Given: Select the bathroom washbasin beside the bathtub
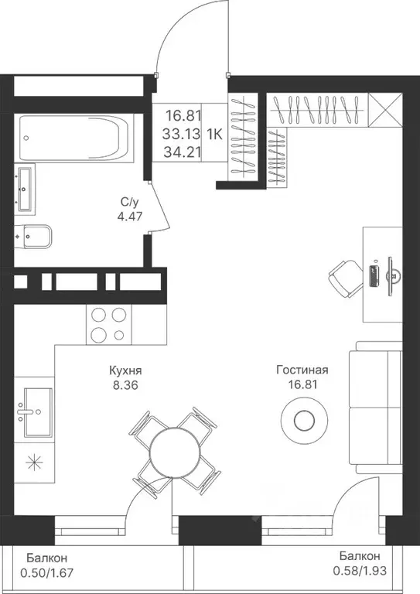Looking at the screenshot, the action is [x=25, y=189].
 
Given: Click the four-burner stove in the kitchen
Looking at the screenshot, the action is [x=109, y=324].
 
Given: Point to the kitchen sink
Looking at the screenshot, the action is [x=37, y=411].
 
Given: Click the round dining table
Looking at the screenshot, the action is [x=174, y=452].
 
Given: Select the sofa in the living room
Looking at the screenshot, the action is [x=375, y=408].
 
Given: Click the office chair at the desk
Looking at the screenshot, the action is [x=346, y=279].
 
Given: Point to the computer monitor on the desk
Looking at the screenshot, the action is [x=392, y=276].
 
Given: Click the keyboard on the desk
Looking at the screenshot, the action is [x=374, y=276].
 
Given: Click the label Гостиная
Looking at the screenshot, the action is [x=302, y=370].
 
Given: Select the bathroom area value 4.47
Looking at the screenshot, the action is [x=129, y=217].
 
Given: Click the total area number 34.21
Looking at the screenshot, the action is [x=183, y=152].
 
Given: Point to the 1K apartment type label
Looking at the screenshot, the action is [x=214, y=134].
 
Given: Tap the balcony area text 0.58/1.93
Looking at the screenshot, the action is [x=360, y=571].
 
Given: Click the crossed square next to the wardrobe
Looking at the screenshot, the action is [x=384, y=111].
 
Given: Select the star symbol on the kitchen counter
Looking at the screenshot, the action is [x=34, y=462].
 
